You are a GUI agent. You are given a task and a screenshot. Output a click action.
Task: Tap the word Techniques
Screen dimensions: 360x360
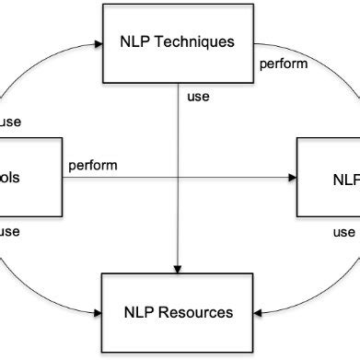(x=196, y=41)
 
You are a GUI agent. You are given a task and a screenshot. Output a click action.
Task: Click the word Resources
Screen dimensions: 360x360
(x=196, y=313)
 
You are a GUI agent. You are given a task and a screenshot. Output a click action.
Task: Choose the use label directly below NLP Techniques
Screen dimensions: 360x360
(x=198, y=95)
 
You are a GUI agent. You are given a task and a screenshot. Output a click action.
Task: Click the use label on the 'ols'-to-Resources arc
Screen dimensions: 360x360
(x=10, y=231)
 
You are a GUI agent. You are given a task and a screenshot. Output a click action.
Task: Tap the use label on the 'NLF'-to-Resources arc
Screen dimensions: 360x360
(x=343, y=231)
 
